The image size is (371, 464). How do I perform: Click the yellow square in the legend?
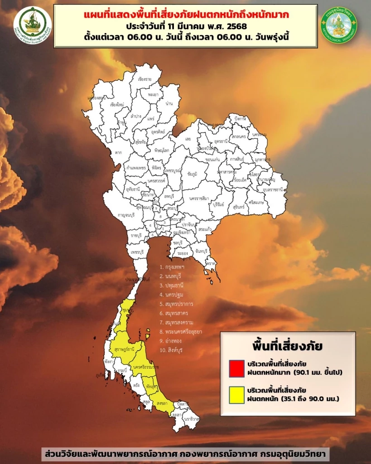235,395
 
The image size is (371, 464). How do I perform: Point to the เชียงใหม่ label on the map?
117,104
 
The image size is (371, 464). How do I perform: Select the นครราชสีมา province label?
200,198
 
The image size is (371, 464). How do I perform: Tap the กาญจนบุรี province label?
115,216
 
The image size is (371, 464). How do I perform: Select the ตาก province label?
119,153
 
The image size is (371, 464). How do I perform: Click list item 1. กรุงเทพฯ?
172,267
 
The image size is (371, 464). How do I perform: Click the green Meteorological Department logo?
338,25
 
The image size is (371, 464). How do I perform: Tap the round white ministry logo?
33,25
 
